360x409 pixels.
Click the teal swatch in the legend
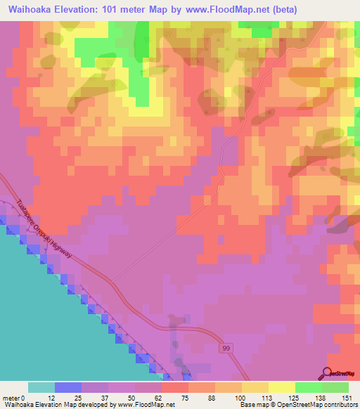41,387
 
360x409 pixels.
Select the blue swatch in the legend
68,387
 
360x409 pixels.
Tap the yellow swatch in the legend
282,387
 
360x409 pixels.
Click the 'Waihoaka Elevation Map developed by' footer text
59,404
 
